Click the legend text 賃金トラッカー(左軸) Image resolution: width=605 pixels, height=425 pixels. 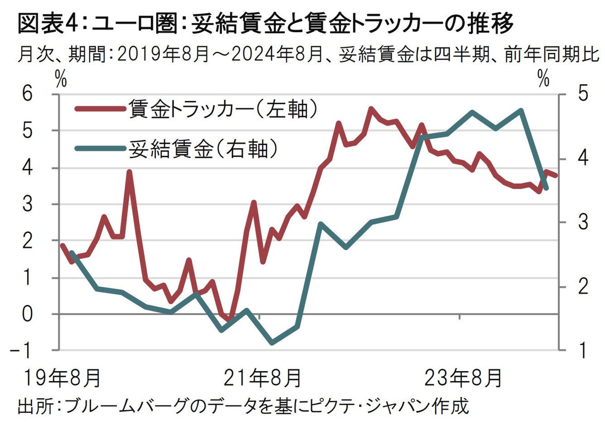(222, 108)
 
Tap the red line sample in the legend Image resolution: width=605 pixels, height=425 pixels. (99, 108)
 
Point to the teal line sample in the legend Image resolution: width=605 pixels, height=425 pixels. (99, 148)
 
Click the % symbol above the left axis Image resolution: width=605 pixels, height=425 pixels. (62, 79)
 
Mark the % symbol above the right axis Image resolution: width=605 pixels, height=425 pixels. (543, 79)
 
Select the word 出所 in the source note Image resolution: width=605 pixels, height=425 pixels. (35, 405)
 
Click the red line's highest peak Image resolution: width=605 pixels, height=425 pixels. (371, 108)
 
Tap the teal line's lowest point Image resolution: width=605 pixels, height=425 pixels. (272, 343)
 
